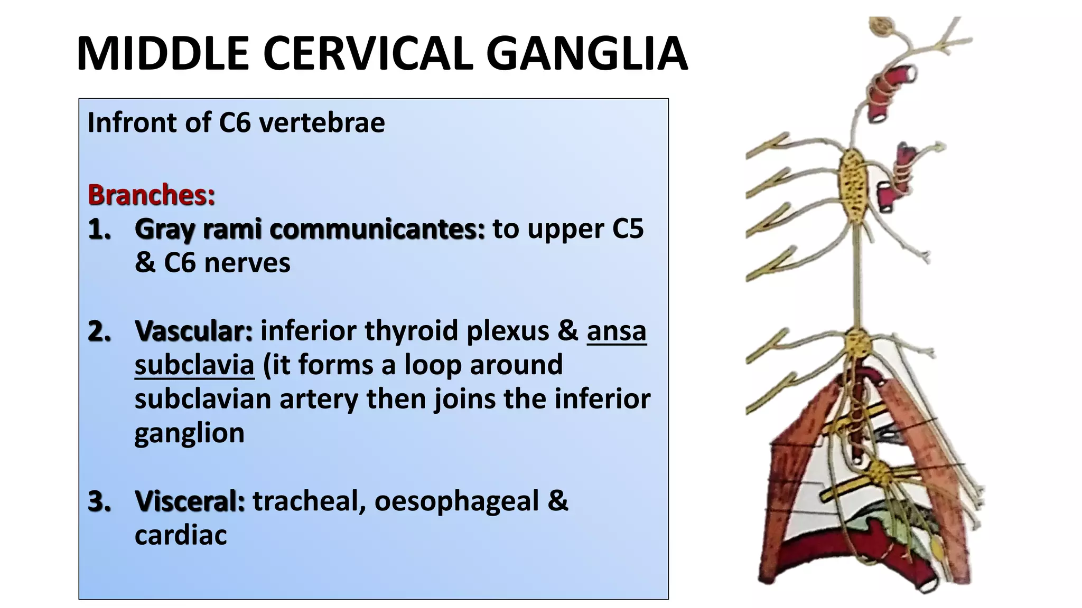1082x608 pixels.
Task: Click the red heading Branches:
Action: [152, 195]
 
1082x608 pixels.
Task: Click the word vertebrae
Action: [322, 122]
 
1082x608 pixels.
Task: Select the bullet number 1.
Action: [100, 230]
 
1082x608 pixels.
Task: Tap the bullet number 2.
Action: [100, 331]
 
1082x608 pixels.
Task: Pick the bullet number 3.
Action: [100, 501]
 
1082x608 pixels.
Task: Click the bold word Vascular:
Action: [193, 331]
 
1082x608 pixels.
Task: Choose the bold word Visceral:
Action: [190, 501]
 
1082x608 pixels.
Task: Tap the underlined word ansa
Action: [617, 331]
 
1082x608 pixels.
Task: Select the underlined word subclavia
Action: [194, 365]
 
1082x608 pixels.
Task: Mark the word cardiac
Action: [181, 535]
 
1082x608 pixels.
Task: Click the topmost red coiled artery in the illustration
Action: [890, 92]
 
